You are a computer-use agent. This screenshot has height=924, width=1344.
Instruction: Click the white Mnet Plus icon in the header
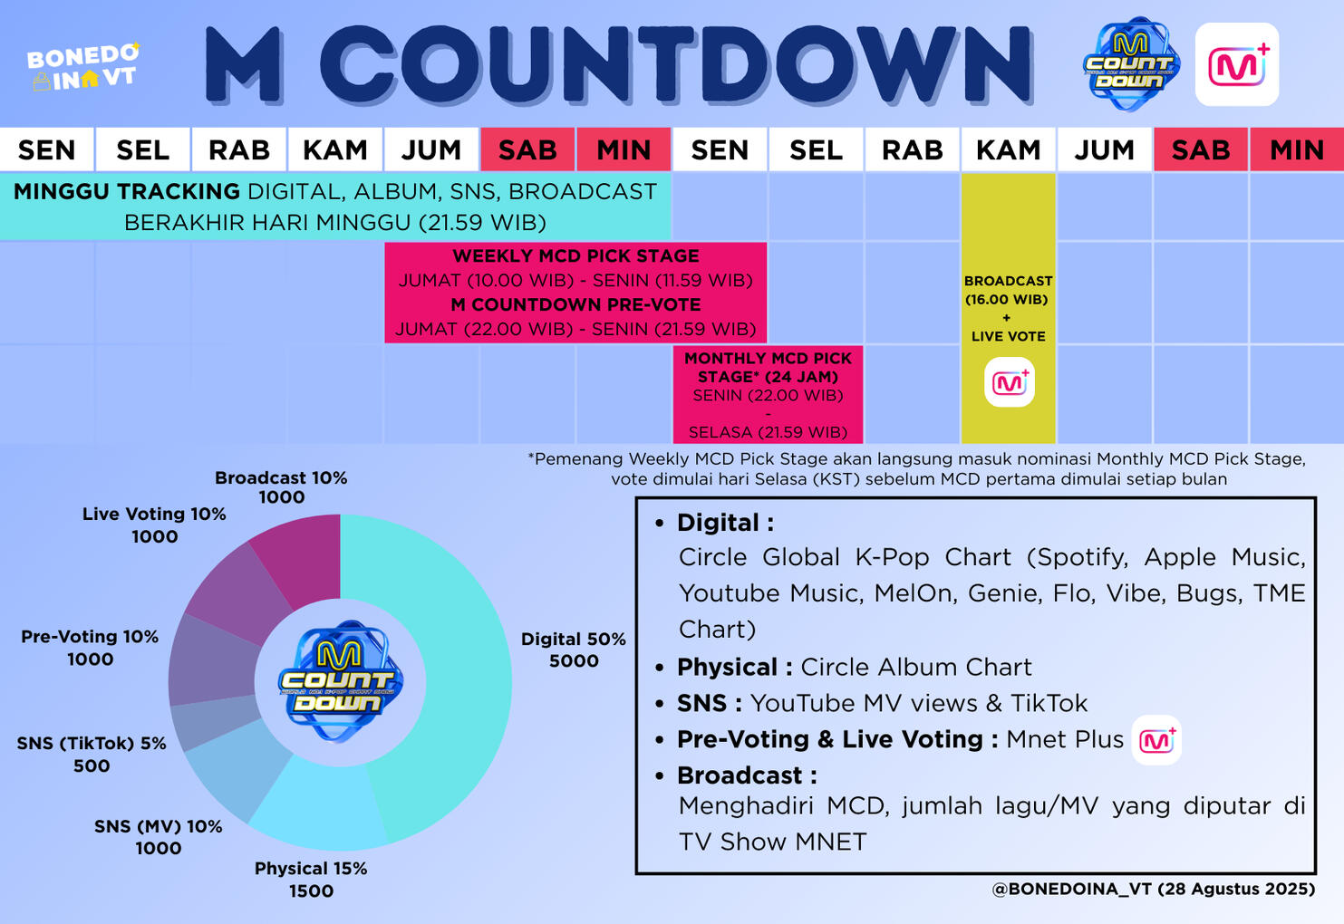point(1237,64)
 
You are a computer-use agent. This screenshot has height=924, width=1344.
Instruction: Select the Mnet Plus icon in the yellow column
point(1010,382)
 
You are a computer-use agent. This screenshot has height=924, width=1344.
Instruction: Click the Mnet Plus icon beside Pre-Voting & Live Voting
point(1156,740)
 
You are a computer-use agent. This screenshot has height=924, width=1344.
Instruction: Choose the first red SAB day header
point(527,149)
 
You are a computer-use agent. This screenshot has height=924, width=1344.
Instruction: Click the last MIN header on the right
point(1297,149)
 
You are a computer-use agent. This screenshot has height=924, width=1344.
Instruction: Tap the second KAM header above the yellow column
point(1008,149)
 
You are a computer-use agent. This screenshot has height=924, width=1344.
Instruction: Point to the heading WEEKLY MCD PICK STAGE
point(575,256)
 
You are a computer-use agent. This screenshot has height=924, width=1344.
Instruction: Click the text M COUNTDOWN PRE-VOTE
point(575,305)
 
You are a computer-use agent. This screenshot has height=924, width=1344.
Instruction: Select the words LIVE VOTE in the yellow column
point(1008,336)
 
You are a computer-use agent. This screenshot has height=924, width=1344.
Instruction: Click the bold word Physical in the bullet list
point(727,668)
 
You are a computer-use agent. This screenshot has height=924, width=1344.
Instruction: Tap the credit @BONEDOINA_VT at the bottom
point(1070,889)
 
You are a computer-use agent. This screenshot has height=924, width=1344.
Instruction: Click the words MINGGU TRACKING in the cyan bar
point(127,192)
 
